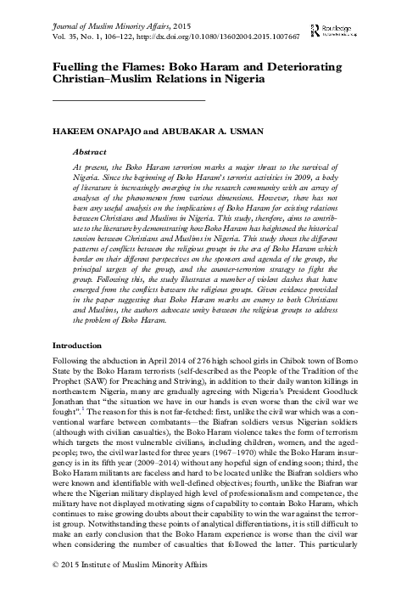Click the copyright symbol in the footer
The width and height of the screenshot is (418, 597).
(56, 587)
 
